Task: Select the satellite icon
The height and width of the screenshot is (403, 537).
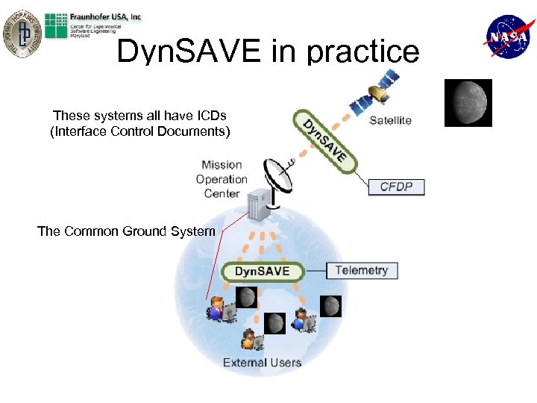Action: tap(381, 87)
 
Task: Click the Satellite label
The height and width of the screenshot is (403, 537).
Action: tap(390, 120)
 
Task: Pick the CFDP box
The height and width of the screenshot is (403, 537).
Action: tap(396, 186)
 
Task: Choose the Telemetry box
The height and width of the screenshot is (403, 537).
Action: tap(362, 270)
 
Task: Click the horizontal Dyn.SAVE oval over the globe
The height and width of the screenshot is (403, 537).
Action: tap(263, 272)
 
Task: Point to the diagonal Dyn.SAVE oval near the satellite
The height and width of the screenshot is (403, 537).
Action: tap(322, 138)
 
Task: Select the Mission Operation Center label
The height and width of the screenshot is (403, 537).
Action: tap(222, 179)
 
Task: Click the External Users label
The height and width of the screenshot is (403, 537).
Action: tap(262, 363)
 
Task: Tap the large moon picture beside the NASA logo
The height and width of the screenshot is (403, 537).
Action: tap(468, 102)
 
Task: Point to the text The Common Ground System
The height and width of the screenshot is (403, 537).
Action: tap(126, 231)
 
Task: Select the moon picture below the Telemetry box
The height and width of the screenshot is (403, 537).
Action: tap(331, 306)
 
